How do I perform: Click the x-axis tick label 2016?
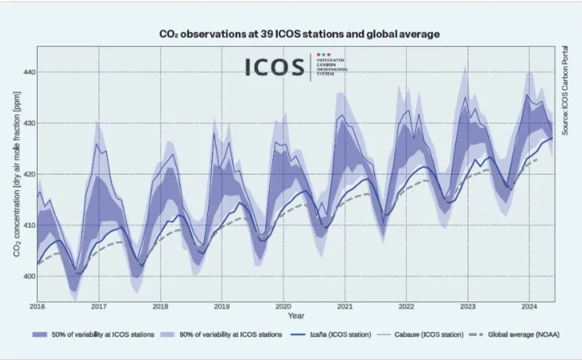(38, 306)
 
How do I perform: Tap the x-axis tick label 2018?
(160, 306)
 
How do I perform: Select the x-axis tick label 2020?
(283, 306)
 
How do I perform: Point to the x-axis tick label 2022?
(406, 306)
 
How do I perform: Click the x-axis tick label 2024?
(529, 306)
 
